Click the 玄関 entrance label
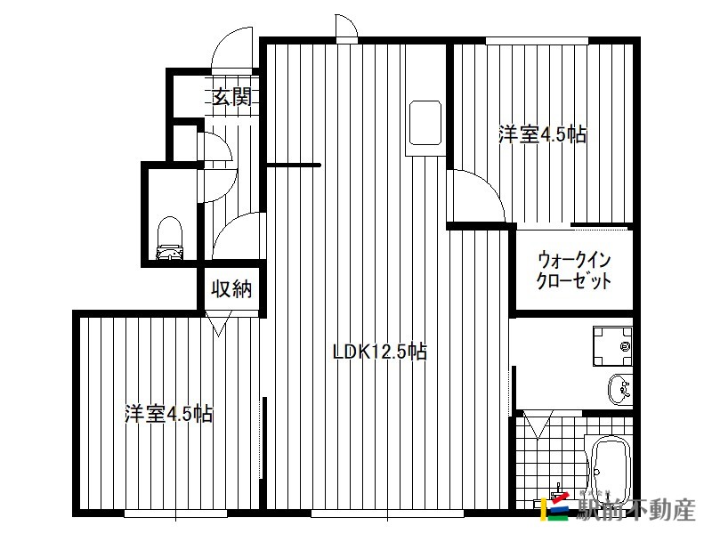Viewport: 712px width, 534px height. coord(231,97)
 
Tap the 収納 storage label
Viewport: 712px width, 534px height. coord(231,288)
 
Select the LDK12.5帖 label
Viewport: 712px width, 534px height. coord(380,352)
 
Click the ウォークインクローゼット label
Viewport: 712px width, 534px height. coord(573,271)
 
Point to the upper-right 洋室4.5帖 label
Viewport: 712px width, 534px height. coord(543,135)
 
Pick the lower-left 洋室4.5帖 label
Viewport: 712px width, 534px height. coord(169,414)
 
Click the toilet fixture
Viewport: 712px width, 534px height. coord(169,238)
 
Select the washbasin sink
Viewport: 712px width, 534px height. coord(619,389)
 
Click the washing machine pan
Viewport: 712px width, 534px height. coord(612,346)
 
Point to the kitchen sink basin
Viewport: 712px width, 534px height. coord(425,123)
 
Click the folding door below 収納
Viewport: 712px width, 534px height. coord(218,323)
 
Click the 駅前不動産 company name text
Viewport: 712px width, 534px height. coord(635,510)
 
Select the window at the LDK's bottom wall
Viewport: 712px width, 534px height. coord(387,514)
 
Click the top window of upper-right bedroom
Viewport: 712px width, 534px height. coord(537,41)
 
